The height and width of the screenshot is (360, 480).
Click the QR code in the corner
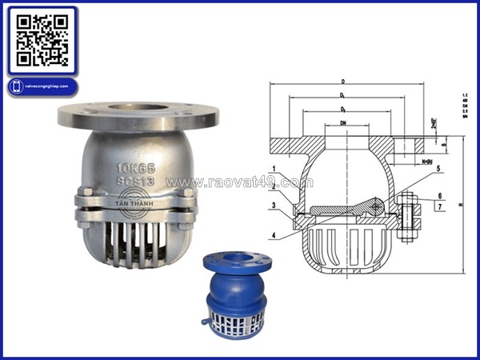[x=42, y=41]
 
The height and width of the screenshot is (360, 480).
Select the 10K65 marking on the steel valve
[x=134, y=169]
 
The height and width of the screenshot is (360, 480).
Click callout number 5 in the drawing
[x=439, y=168]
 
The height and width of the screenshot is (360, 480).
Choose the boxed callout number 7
[x=439, y=206]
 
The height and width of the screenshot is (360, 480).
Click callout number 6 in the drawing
[x=439, y=195]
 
